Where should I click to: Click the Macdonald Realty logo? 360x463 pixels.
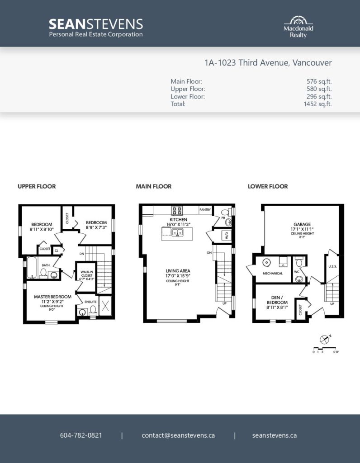298,27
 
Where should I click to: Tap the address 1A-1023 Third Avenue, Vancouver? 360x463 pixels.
268,62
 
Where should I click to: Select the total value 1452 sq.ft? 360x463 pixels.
317,104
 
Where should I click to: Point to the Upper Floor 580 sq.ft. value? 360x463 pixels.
319,89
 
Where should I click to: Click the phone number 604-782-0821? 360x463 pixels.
81,435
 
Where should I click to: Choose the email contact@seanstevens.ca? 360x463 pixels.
178,435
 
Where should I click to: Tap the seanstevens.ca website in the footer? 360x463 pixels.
275,435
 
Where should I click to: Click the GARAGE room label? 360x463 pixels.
302,224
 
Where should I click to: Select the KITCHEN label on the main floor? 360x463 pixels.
178,220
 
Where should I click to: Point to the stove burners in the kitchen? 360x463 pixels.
177,211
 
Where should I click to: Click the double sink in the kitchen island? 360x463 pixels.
177,233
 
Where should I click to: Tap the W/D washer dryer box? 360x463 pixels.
227,235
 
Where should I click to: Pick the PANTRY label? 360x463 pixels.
205,210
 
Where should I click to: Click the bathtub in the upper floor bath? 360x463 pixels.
32,268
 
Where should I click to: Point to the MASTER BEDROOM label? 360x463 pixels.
52,297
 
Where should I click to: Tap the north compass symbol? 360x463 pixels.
325,339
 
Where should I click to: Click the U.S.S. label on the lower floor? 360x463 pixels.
332,266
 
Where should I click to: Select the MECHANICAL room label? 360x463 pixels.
273,274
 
